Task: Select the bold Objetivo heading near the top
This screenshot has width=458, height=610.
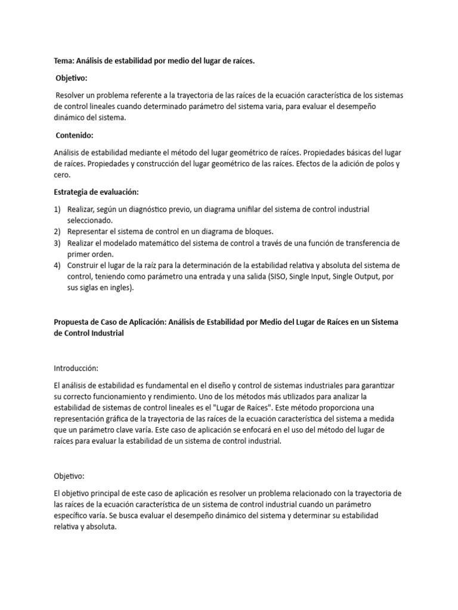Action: point(71,78)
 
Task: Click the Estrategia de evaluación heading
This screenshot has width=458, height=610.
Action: point(95,192)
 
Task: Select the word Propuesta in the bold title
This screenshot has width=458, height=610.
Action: point(72,322)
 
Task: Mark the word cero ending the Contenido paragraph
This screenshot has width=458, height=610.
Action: point(62,175)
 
